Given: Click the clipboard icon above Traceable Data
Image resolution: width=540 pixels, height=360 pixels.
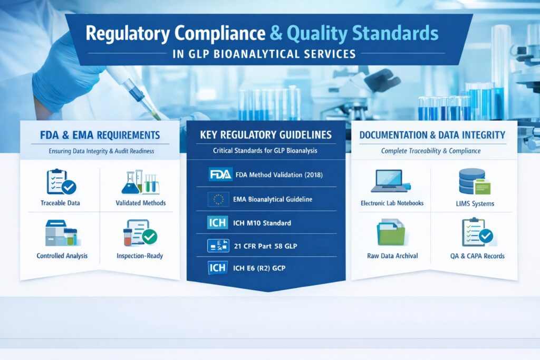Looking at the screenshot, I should point(60,181).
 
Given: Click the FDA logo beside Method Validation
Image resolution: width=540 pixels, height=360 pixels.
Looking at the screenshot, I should point(220,174).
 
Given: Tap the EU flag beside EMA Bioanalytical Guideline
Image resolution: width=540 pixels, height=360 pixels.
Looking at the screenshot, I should point(219,199).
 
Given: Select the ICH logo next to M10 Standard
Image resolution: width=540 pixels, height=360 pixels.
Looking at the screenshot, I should point(218,222).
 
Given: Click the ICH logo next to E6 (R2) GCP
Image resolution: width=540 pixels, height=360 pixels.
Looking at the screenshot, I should point(218,268).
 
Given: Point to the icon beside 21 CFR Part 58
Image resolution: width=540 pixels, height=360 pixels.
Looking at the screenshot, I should point(218,245).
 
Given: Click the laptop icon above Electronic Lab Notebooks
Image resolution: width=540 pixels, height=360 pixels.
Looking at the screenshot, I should point(391,181).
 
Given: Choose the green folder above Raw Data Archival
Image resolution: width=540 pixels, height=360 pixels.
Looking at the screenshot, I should point(391,233).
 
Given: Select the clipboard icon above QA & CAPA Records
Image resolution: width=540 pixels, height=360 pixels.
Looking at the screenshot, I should point(477,232).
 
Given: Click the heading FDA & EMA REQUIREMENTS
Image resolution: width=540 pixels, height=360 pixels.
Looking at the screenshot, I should point(100,135).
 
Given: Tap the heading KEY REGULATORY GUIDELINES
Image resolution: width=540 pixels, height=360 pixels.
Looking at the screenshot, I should point(266,135).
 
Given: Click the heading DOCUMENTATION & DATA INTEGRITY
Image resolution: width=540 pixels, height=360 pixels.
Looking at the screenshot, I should point(432,135).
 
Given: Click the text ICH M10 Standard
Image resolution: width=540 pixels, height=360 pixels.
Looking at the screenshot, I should point(262,222).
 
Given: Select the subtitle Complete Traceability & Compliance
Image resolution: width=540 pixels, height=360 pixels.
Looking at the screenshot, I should point(431,151).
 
